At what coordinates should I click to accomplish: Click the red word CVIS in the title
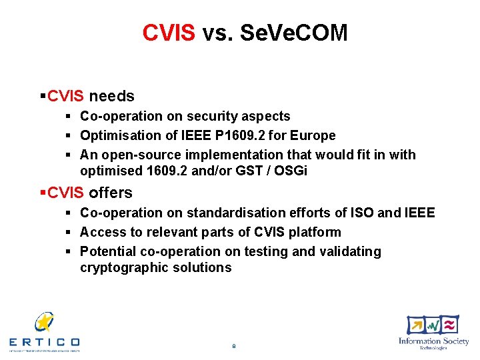coord(168,33)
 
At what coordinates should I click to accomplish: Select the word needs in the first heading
coord(111,96)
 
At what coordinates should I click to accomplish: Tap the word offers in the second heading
coord(110,193)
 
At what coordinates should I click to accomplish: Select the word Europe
coord(313,135)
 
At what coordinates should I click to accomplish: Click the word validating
coord(350,251)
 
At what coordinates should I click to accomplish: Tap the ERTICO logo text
coord(45,341)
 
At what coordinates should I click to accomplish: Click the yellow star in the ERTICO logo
coord(45,322)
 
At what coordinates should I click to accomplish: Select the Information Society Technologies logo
coord(433,332)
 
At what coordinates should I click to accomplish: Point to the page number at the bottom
coord(233,346)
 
